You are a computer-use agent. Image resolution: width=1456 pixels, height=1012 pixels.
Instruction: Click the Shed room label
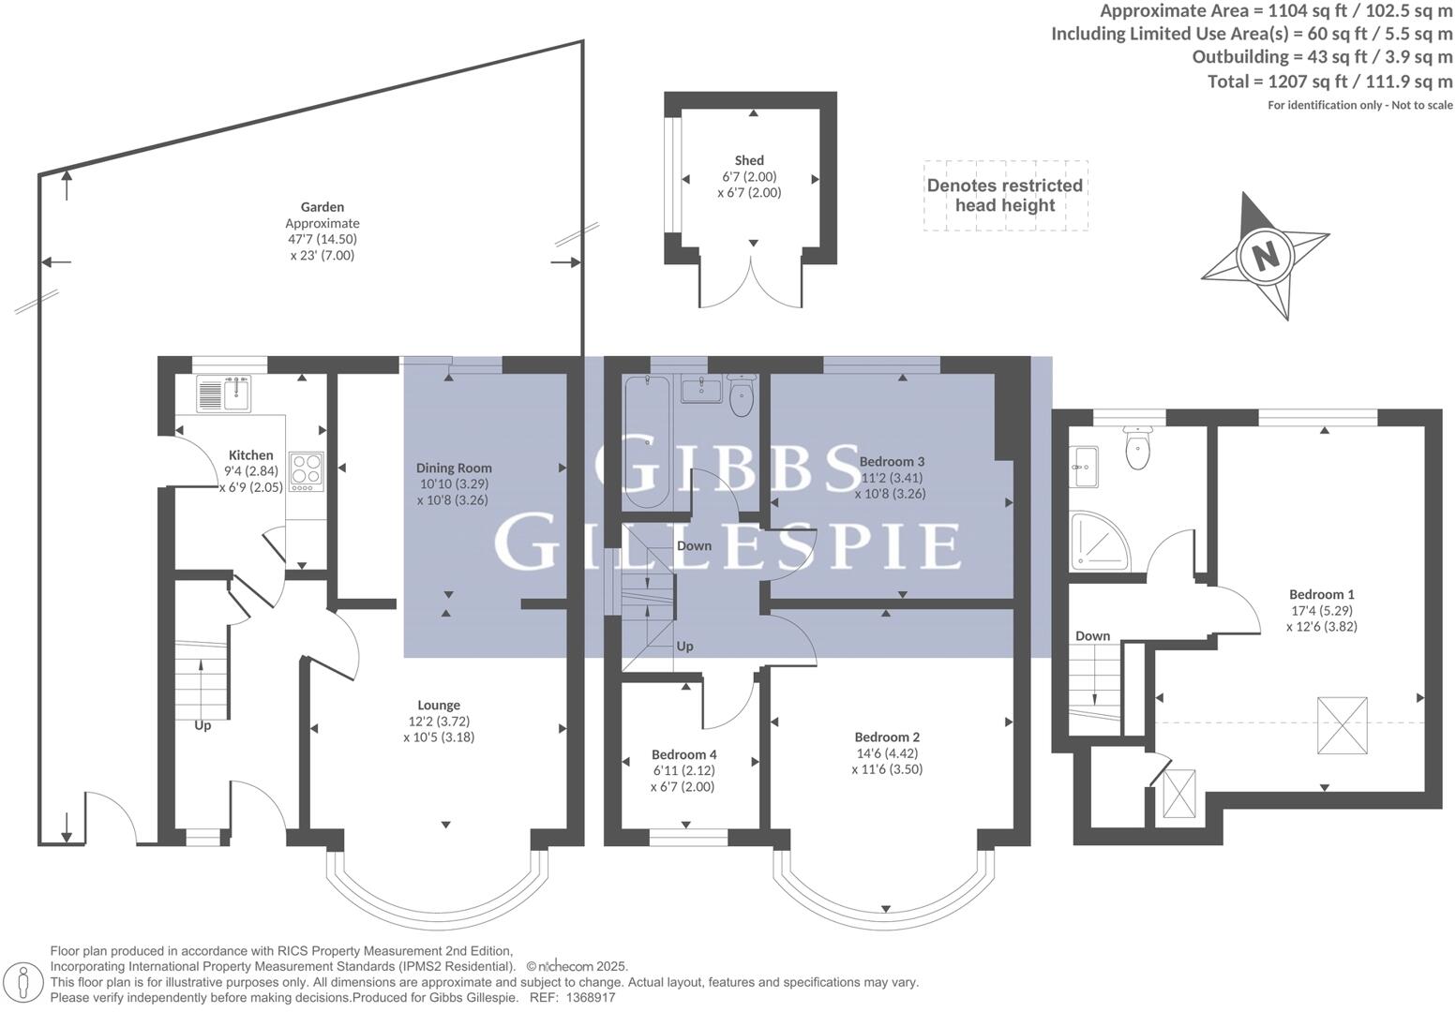point(749,160)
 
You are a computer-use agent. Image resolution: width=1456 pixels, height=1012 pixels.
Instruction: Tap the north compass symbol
point(1266,255)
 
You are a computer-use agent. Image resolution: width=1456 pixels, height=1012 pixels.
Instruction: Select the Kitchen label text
point(250,455)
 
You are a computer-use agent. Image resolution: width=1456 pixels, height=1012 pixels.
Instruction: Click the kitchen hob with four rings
point(307,472)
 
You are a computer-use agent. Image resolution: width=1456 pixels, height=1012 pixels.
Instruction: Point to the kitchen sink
point(223,393)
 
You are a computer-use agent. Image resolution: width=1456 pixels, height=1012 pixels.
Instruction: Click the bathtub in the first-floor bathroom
point(646,440)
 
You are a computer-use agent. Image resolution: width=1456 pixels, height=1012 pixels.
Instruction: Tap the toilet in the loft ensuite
point(1137,450)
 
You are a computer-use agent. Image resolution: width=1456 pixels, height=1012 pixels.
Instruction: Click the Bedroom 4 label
point(684,754)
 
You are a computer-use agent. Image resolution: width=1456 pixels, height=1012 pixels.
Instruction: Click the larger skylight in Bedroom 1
point(1343,725)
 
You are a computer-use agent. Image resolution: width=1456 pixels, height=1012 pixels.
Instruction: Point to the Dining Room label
point(454,468)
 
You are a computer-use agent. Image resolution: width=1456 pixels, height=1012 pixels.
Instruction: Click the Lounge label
point(439,705)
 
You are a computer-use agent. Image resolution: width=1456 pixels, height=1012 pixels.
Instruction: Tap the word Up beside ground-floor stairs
point(203,725)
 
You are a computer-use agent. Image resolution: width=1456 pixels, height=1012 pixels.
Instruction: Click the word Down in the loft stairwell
point(1092,636)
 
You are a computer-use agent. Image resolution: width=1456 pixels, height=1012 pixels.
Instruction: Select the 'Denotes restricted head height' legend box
point(1005,195)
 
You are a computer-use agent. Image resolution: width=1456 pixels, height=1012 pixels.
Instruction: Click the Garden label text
point(322,207)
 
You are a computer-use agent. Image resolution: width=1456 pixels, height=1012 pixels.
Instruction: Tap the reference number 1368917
point(590,998)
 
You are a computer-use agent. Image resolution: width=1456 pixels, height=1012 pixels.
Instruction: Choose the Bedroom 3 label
point(892,461)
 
